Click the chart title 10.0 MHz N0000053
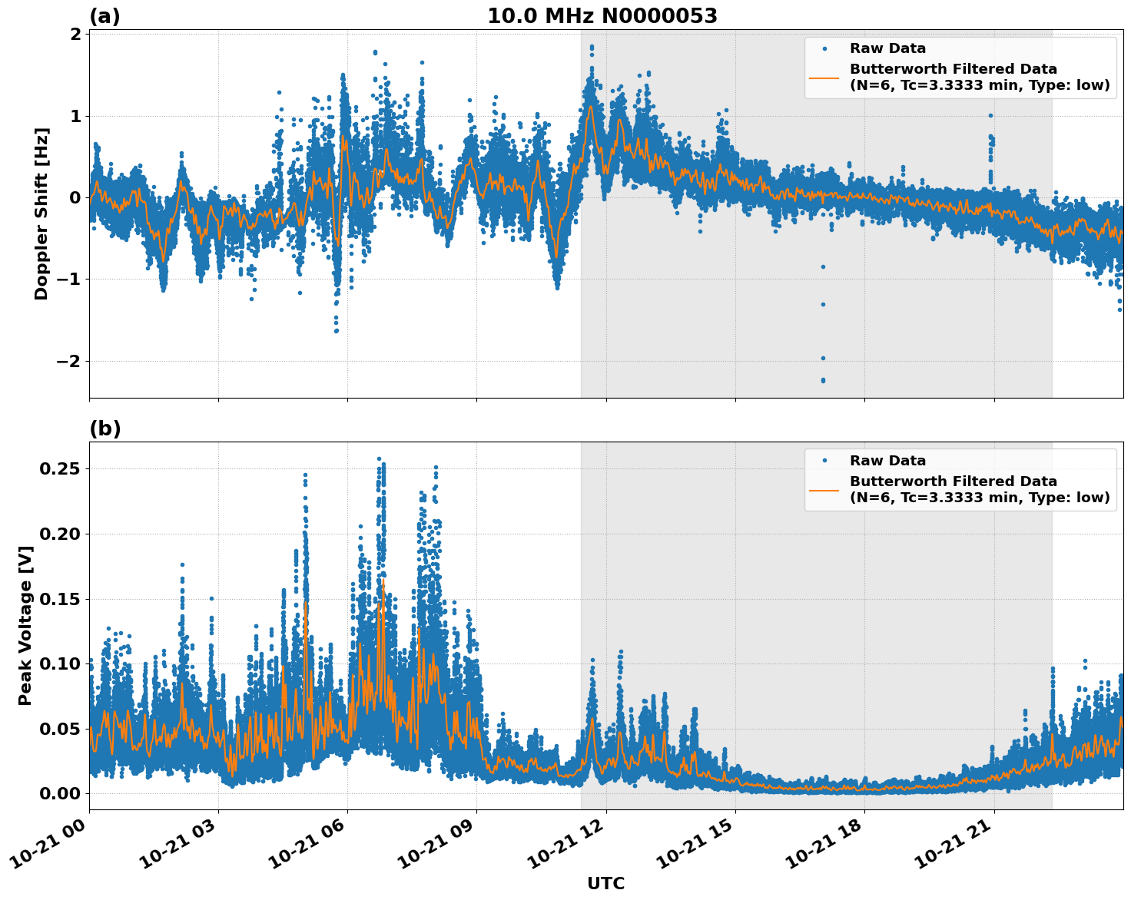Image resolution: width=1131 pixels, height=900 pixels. [x=602, y=16]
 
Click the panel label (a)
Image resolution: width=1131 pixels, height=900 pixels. [x=104, y=16]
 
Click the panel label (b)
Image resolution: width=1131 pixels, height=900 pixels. [x=104, y=428]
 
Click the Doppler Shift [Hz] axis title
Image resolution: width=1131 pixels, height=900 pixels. [x=41, y=213]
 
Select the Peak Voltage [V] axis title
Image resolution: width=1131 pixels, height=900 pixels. [x=25, y=625]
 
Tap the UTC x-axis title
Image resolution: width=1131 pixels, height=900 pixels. [x=605, y=883]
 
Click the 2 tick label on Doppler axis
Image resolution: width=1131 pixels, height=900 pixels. [x=75, y=35]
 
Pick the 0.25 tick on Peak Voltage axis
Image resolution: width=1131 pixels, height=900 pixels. [x=61, y=468]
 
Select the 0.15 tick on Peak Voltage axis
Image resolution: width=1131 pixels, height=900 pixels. [x=61, y=599]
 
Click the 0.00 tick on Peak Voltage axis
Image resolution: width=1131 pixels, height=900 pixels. [x=61, y=793]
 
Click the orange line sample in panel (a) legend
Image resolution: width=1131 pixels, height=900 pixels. [x=824, y=78]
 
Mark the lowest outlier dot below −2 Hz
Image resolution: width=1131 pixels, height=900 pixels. [x=823, y=380]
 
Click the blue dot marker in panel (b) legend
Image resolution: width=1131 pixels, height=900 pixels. [x=824, y=461]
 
